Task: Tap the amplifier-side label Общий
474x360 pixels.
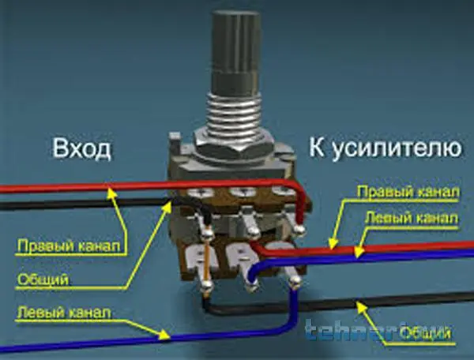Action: click(430, 335)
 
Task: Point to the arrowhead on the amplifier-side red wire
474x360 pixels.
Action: click(333, 242)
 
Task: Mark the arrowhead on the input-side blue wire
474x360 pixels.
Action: click(169, 335)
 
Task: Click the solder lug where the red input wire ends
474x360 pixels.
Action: click(301, 229)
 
